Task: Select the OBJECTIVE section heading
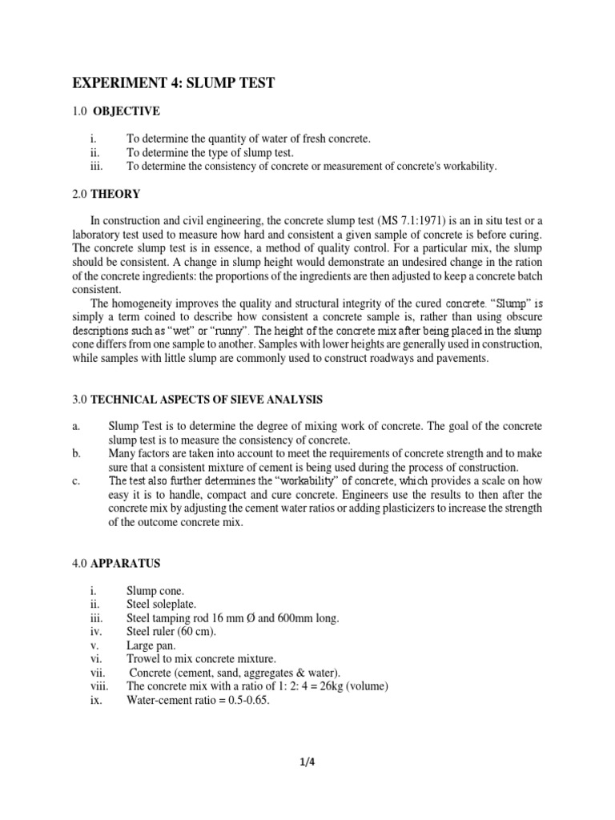pyautogui.click(x=127, y=111)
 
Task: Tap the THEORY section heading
pyautogui.click(x=115, y=194)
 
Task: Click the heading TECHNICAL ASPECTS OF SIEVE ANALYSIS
pyautogui.click(x=206, y=400)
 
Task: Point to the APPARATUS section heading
pyautogui.click(x=126, y=564)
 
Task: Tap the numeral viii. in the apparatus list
pyautogui.click(x=100, y=685)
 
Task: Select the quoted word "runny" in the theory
pyautogui.click(x=231, y=331)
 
